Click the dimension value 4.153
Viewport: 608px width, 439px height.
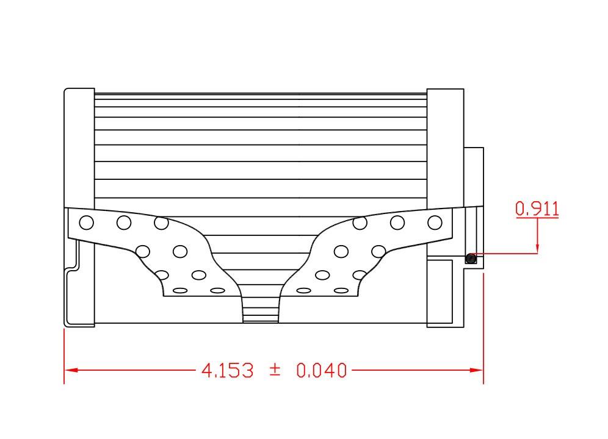coord(227,370)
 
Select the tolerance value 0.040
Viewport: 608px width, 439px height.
coord(321,370)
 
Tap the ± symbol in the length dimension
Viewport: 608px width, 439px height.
coord(275,369)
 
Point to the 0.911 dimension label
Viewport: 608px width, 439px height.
coord(537,209)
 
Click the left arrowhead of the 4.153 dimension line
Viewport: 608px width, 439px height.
coord(71,370)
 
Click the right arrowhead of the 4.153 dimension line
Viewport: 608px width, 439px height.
coord(477,370)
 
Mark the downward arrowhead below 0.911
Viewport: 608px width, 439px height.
coord(537,248)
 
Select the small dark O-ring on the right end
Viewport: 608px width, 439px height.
coord(470,259)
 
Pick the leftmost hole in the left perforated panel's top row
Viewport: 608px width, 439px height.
coord(87,223)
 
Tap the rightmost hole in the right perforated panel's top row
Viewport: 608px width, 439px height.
coord(435,223)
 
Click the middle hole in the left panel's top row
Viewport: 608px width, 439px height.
coord(124,223)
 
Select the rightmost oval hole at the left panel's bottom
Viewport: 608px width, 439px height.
coord(217,290)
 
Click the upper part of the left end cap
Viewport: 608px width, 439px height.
coord(79,146)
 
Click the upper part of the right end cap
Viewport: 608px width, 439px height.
coord(445,146)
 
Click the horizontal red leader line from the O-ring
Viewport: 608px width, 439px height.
coord(507,254)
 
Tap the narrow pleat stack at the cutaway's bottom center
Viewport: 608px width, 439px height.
coord(261,308)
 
